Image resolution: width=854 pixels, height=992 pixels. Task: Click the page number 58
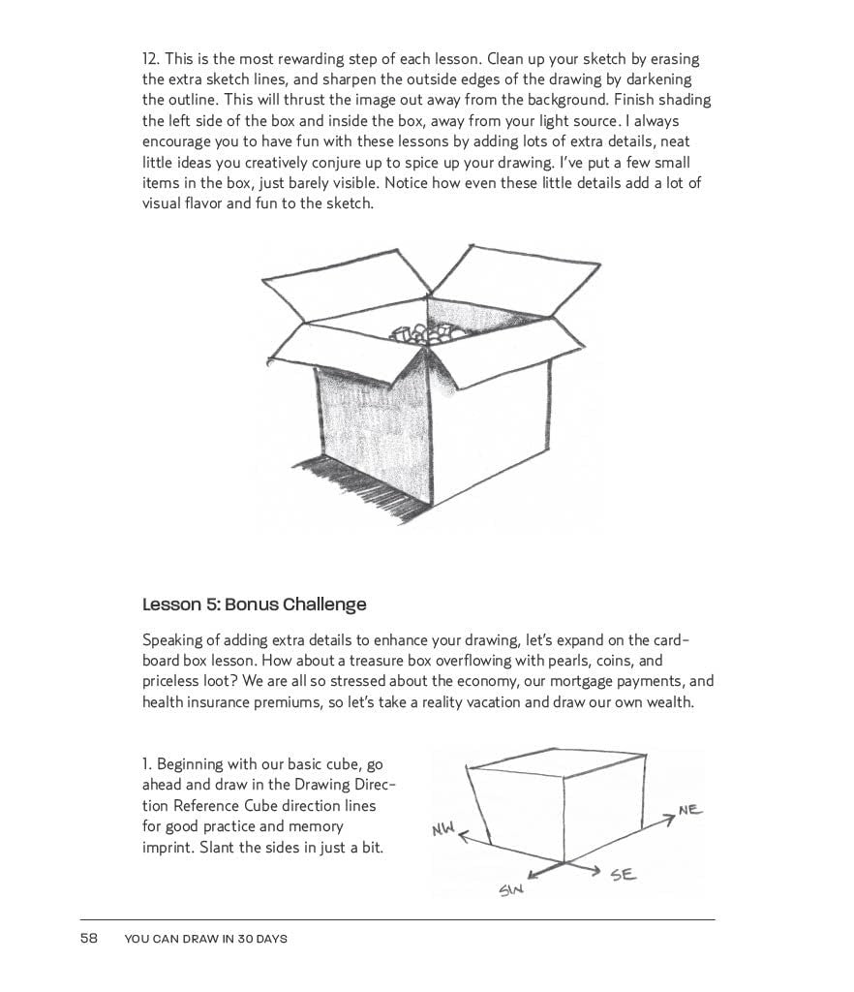click(89, 938)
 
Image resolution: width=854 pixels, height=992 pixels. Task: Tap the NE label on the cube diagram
click(690, 809)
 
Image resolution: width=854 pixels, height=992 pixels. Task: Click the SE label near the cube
click(623, 875)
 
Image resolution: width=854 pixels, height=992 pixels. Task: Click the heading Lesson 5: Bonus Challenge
click(254, 604)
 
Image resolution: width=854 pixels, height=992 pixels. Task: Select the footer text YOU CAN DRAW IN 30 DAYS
click(206, 938)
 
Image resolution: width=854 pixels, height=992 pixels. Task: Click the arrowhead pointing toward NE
click(671, 820)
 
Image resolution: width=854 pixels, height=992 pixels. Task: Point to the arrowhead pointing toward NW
click(463, 834)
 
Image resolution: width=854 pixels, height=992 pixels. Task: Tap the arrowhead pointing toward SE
click(596, 869)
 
